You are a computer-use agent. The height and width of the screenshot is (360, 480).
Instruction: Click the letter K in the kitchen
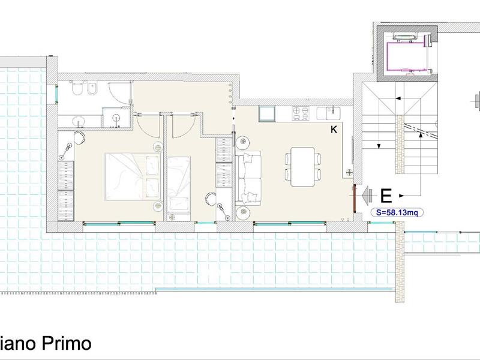pos(334,130)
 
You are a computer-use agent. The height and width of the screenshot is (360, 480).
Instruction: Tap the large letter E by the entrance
pos(386,196)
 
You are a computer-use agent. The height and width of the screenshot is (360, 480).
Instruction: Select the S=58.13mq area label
pos(397,212)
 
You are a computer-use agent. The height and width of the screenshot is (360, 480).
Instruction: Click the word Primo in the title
pos(67,343)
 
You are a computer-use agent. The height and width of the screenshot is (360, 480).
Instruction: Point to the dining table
pos(303,167)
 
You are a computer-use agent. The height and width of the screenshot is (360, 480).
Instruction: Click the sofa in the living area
pos(248,178)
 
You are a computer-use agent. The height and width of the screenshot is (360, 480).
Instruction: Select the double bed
pos(133,176)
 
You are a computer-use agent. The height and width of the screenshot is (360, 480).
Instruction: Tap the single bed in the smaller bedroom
pos(179,181)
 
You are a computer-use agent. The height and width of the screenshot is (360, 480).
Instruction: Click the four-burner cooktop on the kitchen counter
pos(301,113)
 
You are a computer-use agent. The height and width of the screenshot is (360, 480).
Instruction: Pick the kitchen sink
pos(332,113)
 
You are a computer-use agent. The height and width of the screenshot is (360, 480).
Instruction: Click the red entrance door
pos(355,199)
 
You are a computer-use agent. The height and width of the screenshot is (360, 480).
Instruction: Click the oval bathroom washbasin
pos(80,121)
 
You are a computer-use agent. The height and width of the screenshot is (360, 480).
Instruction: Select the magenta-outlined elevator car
pos(407,56)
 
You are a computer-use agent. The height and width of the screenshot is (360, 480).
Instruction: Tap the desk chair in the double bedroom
pos(80,138)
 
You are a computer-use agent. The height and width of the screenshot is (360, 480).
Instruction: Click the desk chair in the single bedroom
pos(211,199)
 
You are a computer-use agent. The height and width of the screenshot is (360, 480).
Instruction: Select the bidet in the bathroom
pos(92,89)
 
